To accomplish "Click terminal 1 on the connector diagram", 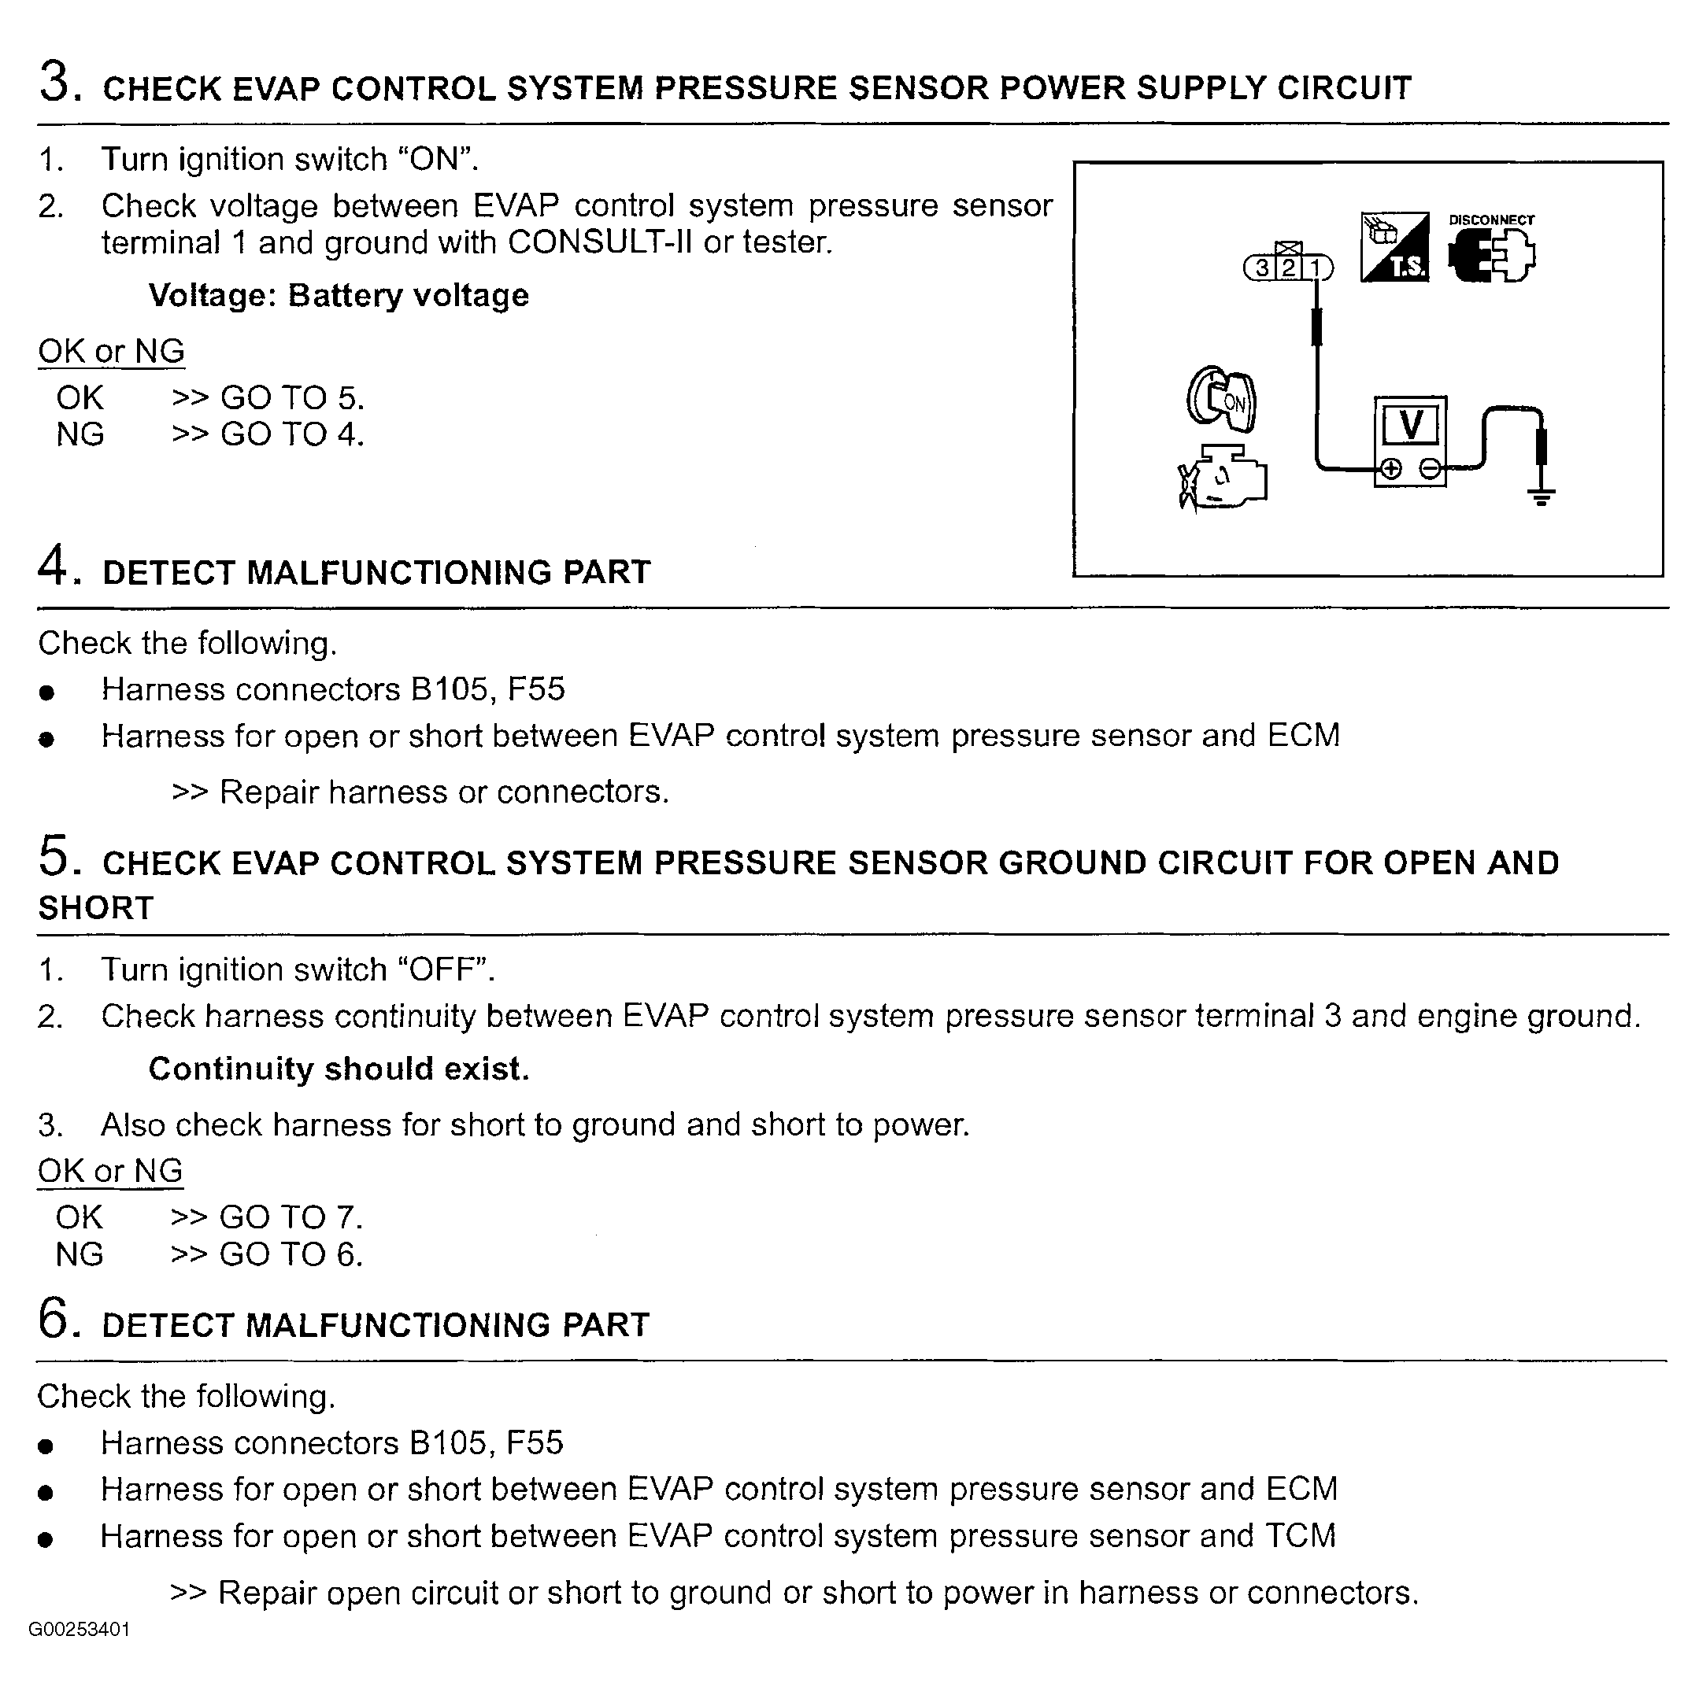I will click(1315, 268).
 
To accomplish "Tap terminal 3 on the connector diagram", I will click(1262, 268).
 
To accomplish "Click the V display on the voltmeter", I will click(1410, 427).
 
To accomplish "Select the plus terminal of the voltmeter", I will click(1390, 468).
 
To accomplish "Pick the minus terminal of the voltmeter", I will click(1431, 468).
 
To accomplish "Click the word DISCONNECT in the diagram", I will click(1491, 220).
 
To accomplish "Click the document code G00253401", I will click(80, 1629).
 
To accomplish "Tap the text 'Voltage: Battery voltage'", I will click(339, 295).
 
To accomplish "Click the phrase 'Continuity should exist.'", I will click(339, 1069).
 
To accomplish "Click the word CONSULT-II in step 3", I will click(599, 242).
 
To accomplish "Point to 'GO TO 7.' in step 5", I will click(291, 1217).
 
